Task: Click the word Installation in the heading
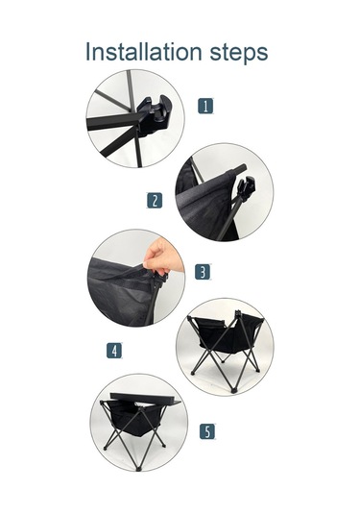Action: tap(143, 52)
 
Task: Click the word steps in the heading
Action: tap(239, 53)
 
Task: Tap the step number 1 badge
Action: tap(205, 106)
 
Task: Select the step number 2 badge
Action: tap(155, 200)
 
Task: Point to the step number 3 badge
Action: tap(203, 272)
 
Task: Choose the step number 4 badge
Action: tap(114, 351)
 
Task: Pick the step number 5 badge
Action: tap(207, 431)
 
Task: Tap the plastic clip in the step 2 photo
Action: tap(246, 187)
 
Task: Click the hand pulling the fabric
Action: tap(162, 257)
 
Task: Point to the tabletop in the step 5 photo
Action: tap(144, 400)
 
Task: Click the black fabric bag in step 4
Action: tap(226, 336)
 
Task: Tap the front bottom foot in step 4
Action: tap(233, 390)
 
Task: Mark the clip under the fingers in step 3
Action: tap(159, 281)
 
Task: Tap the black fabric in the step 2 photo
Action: tap(204, 205)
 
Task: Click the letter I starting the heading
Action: tap(87, 52)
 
